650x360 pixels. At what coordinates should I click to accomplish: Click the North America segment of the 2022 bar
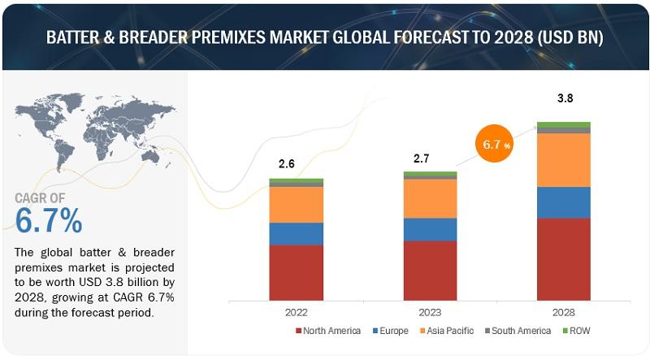click(296, 271)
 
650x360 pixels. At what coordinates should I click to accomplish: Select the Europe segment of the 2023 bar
click(430, 229)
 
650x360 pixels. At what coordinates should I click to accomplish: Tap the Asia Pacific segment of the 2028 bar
click(564, 159)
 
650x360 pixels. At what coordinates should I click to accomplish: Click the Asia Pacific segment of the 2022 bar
click(296, 205)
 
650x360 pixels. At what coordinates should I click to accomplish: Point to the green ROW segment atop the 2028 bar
click(564, 124)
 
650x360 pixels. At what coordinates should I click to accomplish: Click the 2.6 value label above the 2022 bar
click(287, 163)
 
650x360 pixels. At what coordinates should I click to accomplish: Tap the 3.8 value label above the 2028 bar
click(563, 98)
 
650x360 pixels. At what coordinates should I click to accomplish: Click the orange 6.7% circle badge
click(496, 145)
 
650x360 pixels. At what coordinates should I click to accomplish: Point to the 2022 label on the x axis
click(296, 310)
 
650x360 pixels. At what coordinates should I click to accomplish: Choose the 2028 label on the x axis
click(564, 310)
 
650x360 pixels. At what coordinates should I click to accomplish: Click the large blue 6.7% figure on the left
click(49, 220)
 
